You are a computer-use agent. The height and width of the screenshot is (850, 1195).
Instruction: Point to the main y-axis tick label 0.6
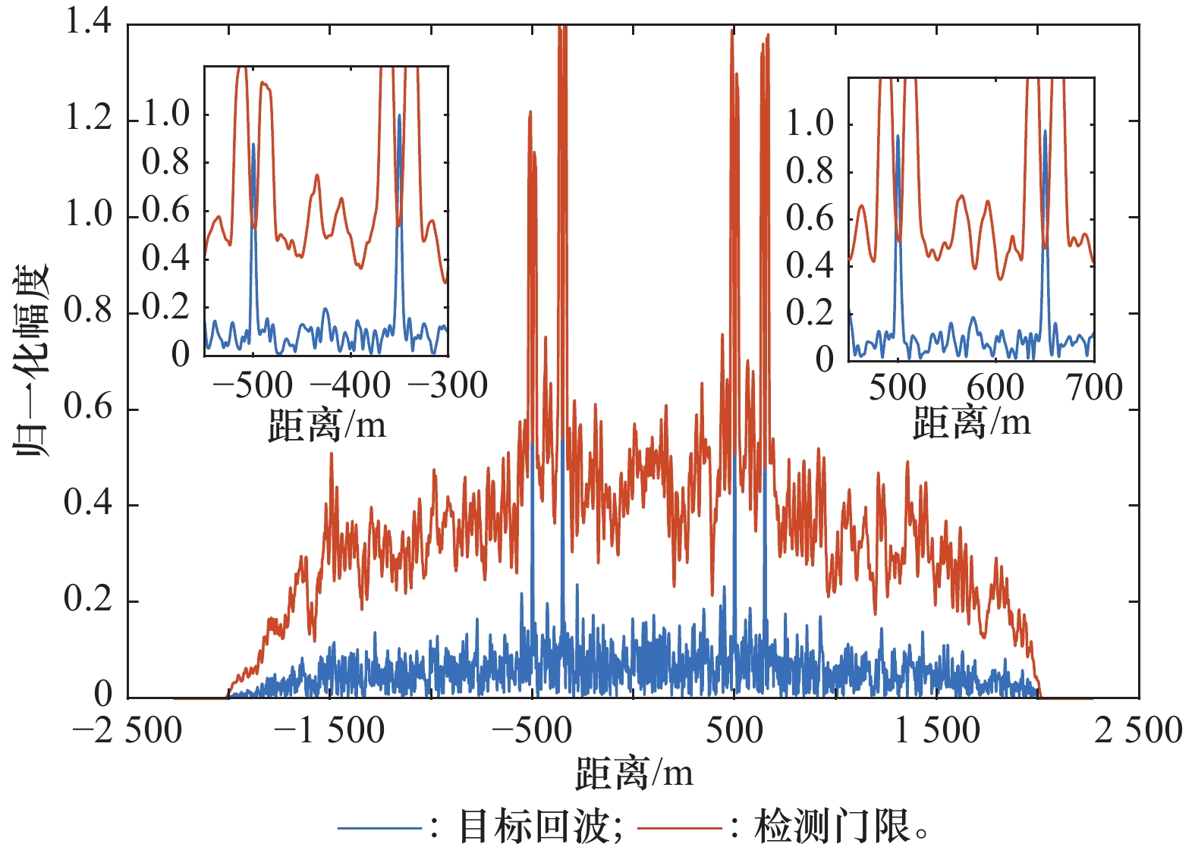[88, 407]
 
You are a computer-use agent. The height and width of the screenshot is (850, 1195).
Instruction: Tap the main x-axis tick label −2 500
[127, 731]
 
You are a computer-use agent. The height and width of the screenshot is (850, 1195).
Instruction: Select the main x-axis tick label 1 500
[937, 731]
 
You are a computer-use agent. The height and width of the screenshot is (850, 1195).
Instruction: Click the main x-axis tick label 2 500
[1138, 731]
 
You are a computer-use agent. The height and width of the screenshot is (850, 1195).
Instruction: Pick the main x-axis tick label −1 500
[329, 731]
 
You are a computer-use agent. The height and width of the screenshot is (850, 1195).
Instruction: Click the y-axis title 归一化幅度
[31, 360]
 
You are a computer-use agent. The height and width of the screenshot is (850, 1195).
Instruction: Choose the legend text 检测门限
[832, 826]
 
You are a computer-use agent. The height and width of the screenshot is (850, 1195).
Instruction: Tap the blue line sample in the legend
[379, 827]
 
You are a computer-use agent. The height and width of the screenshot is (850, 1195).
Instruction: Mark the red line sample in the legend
[679, 827]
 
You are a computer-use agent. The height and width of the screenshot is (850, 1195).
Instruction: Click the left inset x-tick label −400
[351, 386]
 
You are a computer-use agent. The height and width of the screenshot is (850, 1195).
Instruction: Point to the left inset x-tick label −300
[448, 386]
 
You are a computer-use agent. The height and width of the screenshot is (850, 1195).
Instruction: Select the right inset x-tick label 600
[995, 387]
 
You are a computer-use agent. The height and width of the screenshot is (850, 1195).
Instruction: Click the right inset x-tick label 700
[1094, 387]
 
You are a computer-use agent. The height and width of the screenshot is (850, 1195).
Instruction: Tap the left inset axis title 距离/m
[327, 425]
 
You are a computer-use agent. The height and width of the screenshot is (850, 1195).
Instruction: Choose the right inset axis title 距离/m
[971, 422]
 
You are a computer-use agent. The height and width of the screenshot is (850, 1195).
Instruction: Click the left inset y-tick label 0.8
[165, 162]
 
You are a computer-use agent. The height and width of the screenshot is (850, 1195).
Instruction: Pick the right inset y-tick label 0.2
[809, 312]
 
